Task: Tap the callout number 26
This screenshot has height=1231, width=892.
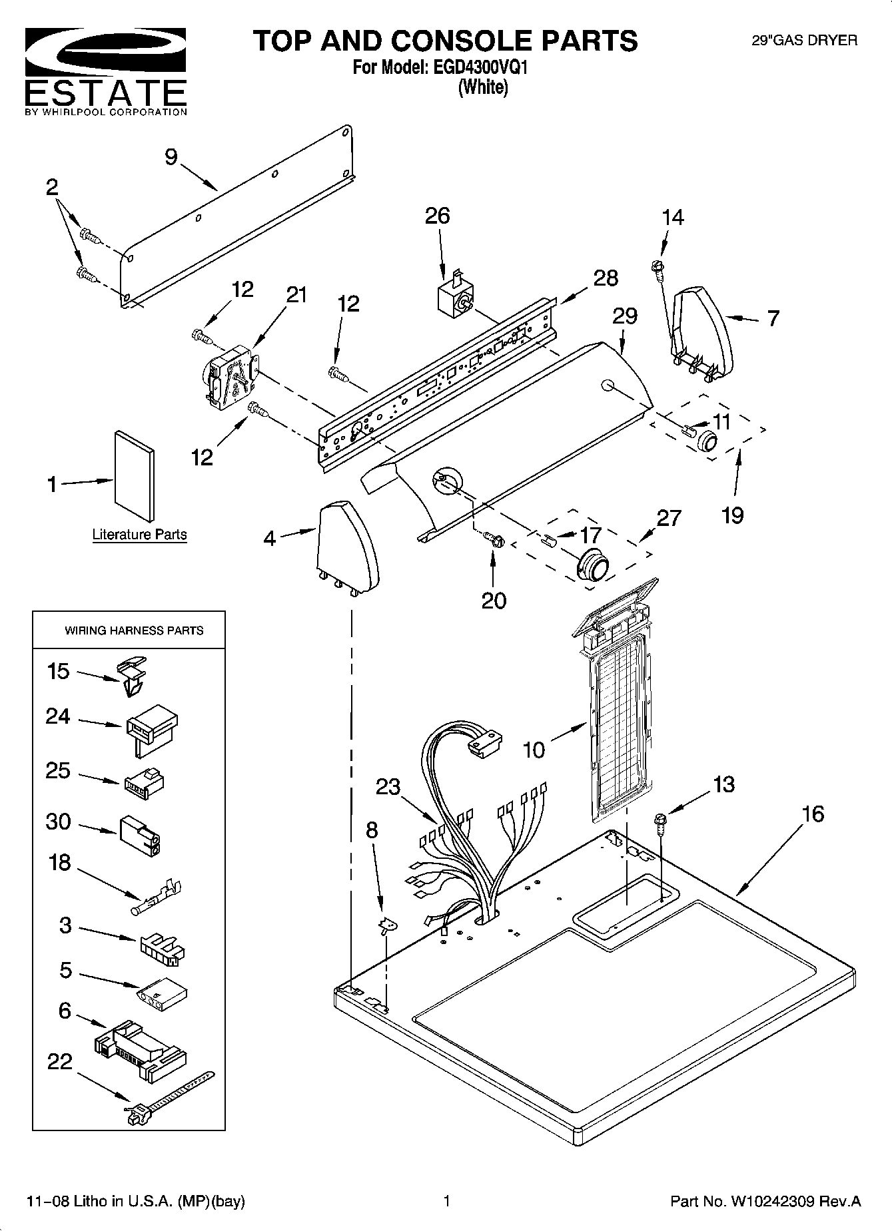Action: pos(437,216)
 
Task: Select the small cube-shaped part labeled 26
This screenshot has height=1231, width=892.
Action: pos(455,298)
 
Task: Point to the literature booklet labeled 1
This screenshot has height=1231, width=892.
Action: pos(135,475)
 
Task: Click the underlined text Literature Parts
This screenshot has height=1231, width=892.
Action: pos(139,535)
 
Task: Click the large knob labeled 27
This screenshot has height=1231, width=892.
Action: pos(592,567)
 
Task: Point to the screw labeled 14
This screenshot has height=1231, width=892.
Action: pos(656,268)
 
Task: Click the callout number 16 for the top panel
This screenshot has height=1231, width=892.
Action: pos(813,814)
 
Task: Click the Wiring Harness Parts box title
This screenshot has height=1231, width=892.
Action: pos(134,630)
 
